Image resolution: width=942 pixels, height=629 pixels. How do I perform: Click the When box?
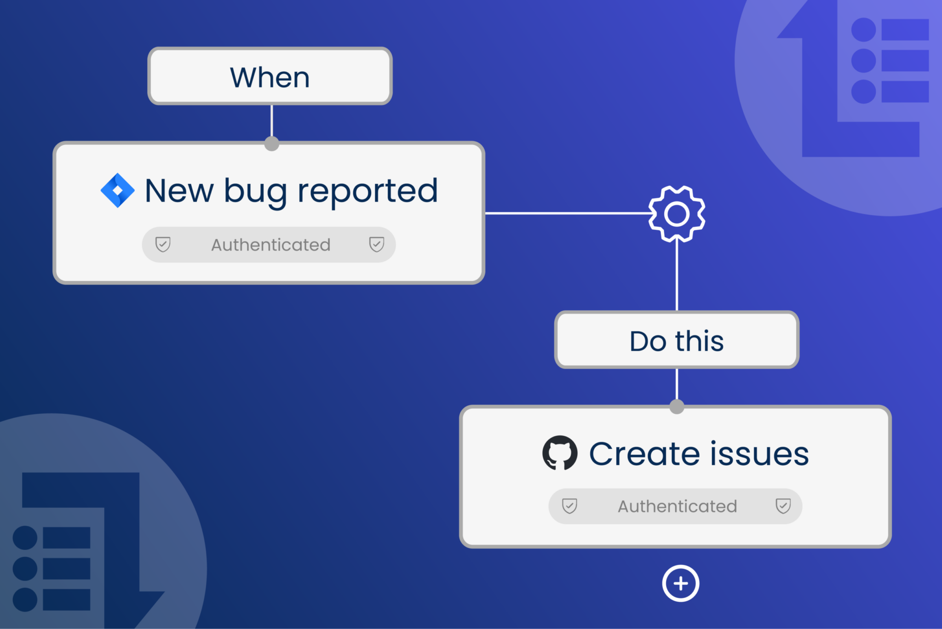pos(270,76)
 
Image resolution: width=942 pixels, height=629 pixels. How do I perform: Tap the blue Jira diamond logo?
pos(118,190)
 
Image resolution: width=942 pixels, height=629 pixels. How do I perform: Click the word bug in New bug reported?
pos(255,191)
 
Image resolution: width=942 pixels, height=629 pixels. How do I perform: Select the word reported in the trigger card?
pos(368,191)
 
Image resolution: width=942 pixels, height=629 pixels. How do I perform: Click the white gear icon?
pos(677,214)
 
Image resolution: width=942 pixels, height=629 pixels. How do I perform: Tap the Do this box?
pos(677,340)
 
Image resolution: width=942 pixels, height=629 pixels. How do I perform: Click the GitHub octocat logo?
pos(559,453)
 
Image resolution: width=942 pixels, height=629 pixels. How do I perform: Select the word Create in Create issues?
pos(644,454)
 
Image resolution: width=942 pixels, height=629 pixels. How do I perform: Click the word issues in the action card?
pos(759,454)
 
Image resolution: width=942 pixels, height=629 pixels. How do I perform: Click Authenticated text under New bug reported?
pos(270,245)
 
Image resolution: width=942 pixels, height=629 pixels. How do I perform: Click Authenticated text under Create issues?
pos(677,506)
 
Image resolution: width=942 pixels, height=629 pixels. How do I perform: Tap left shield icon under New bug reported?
pos(163,244)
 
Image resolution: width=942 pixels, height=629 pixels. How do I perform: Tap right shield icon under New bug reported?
pos(377,244)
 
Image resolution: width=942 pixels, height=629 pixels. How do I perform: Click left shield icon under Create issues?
pos(569,506)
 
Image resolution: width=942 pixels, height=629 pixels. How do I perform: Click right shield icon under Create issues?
pos(783,506)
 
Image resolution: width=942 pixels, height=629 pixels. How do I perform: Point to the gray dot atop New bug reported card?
pos(272,143)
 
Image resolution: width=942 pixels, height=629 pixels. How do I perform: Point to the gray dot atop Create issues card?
pos(677,406)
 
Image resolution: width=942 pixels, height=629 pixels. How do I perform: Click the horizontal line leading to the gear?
pos(566,213)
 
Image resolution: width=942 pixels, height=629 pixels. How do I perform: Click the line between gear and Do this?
pos(677,276)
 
